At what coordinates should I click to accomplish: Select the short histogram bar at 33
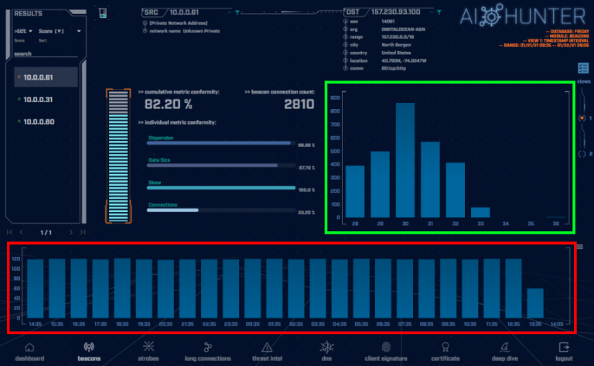click(480, 212)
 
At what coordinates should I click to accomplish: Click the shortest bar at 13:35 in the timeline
click(535, 305)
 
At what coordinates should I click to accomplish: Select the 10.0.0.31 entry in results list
click(38, 99)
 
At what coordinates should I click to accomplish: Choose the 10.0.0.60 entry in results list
click(38, 121)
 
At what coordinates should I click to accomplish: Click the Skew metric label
click(155, 183)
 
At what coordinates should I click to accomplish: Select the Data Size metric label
click(161, 161)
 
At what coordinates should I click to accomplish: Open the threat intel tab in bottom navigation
click(266, 352)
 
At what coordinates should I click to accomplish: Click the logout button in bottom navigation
click(563, 352)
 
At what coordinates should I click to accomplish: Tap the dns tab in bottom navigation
click(326, 352)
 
